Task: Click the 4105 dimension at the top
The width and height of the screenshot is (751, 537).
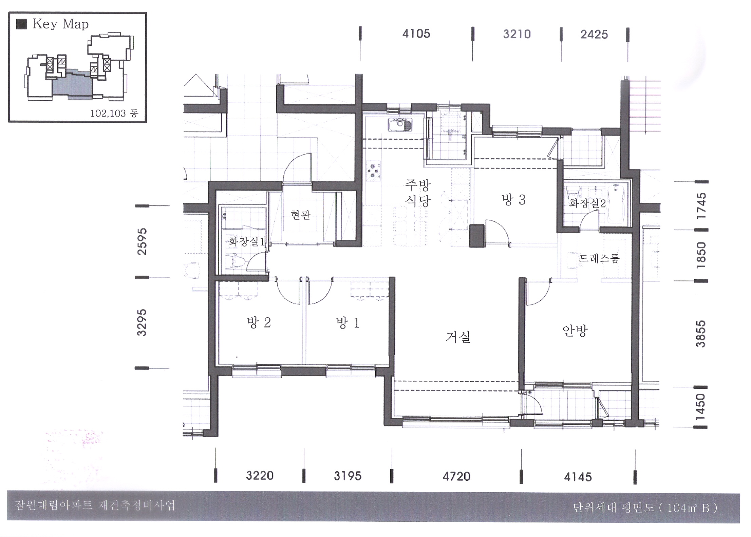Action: [416, 34]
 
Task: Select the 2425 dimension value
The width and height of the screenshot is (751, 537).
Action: [594, 35]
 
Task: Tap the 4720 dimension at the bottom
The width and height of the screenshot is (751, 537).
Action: [456, 477]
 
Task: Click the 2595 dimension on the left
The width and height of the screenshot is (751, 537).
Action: [142, 241]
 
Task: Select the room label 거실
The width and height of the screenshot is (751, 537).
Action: [458, 337]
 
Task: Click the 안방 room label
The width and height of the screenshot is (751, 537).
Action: [575, 331]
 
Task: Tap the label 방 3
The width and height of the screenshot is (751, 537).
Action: [513, 200]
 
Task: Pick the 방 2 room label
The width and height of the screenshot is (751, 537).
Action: [259, 322]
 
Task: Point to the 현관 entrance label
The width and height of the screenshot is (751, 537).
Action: [301, 215]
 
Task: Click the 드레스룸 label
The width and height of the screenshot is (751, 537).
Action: [599, 258]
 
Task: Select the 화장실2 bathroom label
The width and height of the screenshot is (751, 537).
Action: [587, 203]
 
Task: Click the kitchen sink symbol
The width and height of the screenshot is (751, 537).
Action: [400, 125]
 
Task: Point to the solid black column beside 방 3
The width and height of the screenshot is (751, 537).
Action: [477, 236]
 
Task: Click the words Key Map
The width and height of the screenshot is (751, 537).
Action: [61, 24]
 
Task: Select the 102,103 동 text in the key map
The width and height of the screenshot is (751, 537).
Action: [114, 113]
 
